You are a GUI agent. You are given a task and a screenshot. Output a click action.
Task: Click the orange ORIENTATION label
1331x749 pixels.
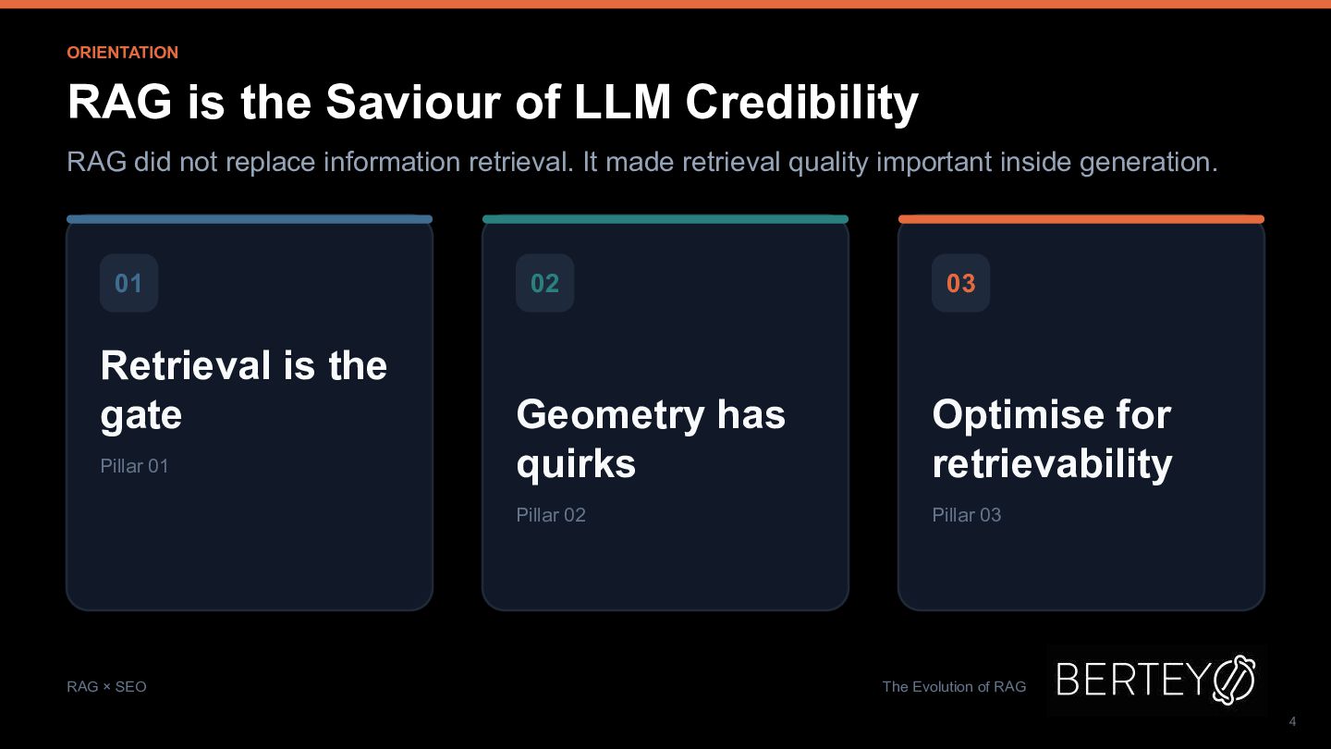[122, 53]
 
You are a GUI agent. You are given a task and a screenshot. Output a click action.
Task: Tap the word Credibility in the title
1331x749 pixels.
[801, 104]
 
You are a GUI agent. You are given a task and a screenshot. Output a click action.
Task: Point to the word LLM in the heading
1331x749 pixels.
[622, 102]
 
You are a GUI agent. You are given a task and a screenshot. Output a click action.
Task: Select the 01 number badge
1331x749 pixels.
[129, 283]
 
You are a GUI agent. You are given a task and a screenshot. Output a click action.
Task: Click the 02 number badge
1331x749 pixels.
[545, 283]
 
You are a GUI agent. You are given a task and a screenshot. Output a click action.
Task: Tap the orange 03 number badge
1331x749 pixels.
[961, 283]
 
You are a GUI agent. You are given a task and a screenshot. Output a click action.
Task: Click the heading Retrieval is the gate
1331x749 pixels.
[244, 390]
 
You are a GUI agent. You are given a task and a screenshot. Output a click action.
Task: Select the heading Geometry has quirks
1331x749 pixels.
[651, 438]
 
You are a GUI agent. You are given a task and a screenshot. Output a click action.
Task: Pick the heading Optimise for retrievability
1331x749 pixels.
[1052, 438]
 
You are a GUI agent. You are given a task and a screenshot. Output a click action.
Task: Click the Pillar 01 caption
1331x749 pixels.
[134, 466]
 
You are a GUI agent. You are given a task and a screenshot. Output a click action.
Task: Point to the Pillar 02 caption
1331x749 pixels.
[551, 515]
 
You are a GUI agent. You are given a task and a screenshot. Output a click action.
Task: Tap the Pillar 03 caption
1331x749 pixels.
[966, 515]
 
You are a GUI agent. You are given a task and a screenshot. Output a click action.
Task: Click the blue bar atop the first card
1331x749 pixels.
[250, 219]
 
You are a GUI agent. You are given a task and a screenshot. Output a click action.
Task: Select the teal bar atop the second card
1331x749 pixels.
[665, 219]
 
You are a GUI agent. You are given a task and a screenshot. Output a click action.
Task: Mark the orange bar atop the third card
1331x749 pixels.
[1081, 219]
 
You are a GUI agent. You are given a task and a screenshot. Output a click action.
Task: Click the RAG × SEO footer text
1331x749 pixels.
[106, 686]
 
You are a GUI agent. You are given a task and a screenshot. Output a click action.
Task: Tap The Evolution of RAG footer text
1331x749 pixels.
[954, 686]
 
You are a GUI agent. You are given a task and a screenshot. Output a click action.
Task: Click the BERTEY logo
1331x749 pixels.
[1156, 680]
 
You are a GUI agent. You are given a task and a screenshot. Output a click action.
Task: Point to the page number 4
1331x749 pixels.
[1292, 721]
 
